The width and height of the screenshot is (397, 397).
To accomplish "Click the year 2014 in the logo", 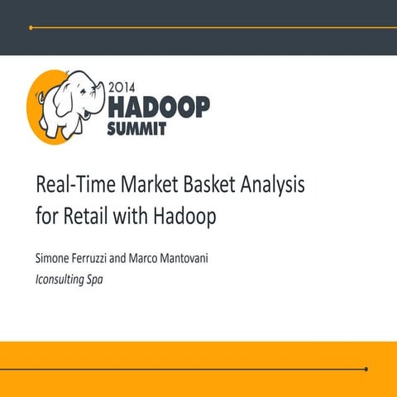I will [125, 85].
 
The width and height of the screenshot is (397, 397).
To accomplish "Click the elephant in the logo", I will [71, 103].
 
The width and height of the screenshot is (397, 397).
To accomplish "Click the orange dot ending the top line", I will [31, 27].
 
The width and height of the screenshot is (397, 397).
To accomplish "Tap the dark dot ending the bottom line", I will [366, 369].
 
